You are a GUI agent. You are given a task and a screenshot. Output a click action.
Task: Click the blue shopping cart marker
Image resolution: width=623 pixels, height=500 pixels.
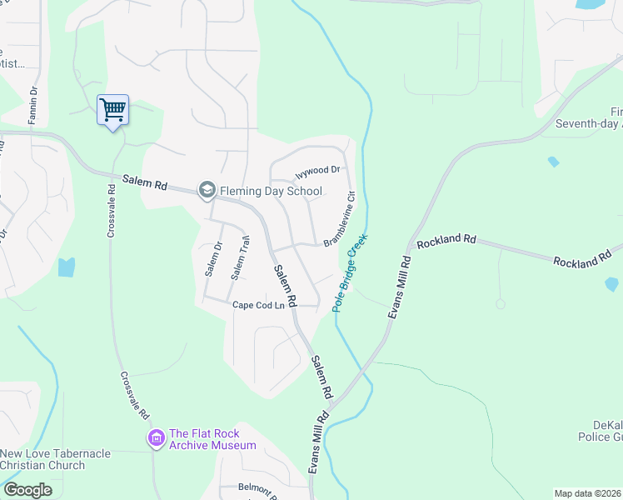[112, 109]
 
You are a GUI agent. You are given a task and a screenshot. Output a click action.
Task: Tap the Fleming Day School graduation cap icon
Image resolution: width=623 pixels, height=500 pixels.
[207, 191]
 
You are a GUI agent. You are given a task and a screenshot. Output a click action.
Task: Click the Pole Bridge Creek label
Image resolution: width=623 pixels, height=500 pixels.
[351, 272]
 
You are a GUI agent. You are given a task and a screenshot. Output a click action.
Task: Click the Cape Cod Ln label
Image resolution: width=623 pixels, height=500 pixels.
[258, 306]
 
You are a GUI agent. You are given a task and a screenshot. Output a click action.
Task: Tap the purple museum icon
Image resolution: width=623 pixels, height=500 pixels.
[156, 437]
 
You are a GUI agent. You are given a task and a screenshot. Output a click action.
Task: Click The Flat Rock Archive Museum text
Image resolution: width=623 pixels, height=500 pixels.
[212, 439]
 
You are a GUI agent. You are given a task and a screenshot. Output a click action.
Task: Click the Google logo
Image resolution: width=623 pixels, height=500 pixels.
[28, 490]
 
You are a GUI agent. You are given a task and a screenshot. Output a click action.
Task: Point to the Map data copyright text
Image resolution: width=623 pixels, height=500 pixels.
[588, 493]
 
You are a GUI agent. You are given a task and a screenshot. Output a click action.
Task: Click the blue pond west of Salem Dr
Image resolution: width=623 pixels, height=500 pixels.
[66, 267]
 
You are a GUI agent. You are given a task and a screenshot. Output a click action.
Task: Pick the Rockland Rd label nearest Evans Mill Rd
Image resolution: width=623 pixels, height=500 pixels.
[446, 240]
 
